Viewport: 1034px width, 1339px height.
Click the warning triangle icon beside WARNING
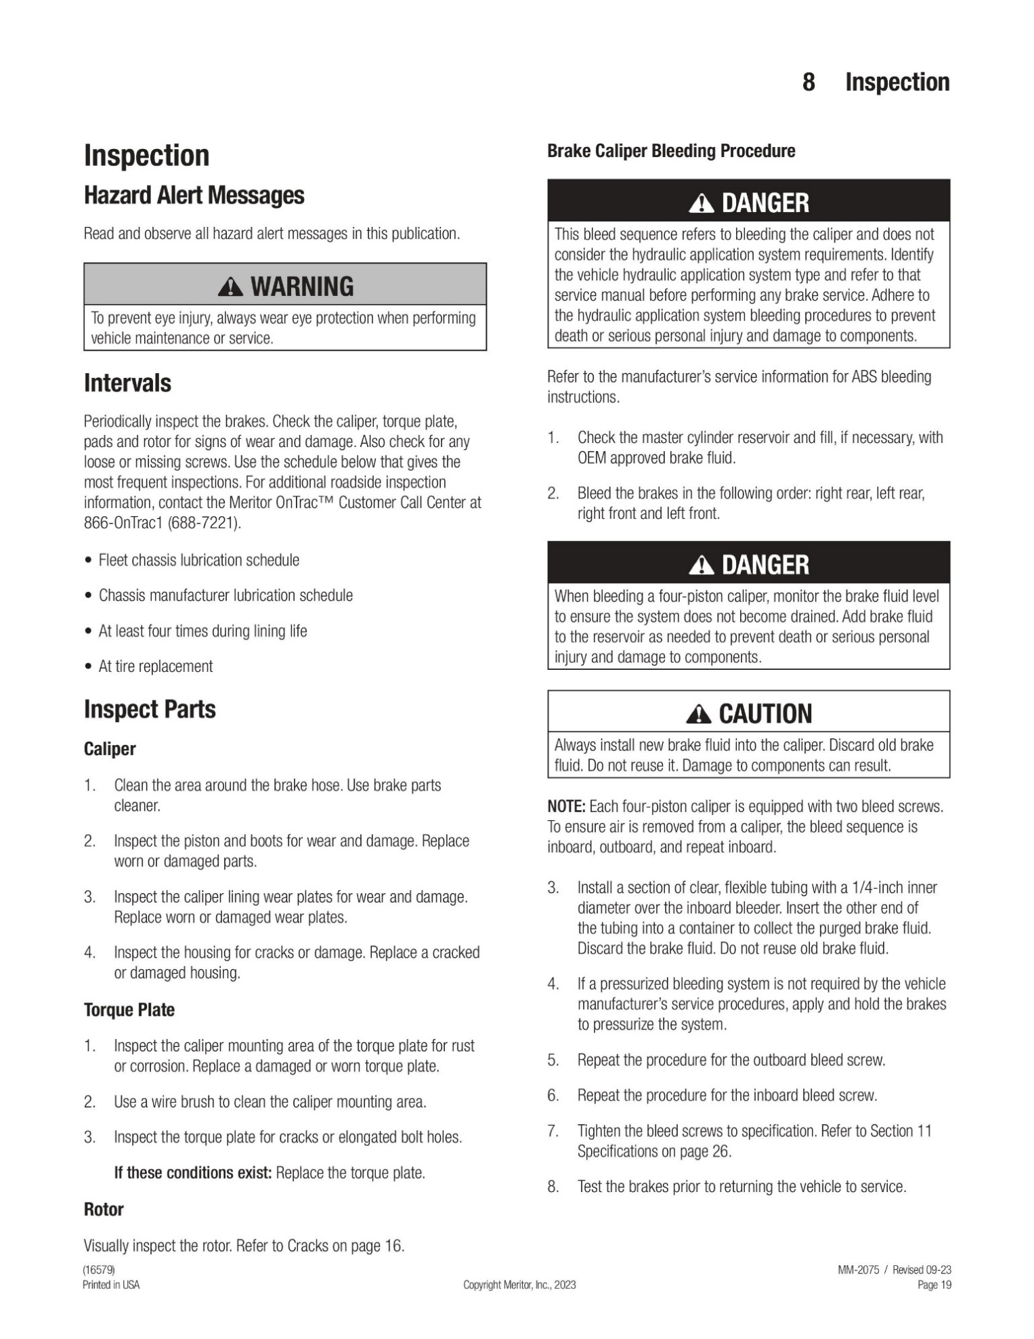[x=231, y=287]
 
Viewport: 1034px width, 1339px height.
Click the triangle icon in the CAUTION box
[x=698, y=714]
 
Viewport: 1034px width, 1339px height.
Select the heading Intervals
[x=127, y=383]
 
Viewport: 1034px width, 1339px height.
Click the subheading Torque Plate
[x=129, y=1010]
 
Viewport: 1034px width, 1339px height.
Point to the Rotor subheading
[x=104, y=1209]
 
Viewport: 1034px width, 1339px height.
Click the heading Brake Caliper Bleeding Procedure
[x=671, y=151]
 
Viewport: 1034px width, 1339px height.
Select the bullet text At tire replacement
[x=156, y=666]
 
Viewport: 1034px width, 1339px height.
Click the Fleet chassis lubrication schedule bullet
[x=198, y=560]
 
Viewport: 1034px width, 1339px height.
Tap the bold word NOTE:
[x=566, y=807]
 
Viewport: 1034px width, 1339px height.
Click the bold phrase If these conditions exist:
[x=193, y=1172]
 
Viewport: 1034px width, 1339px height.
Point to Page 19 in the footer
[x=934, y=1285]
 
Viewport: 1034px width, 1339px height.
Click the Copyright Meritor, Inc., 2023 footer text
[x=519, y=1285]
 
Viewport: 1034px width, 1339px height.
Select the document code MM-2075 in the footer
[x=858, y=1270]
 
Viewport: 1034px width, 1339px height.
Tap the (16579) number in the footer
[x=99, y=1270]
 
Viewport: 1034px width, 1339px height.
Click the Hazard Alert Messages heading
[x=194, y=195]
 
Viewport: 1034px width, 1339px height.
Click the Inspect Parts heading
[x=150, y=709]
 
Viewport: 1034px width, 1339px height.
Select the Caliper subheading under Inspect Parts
[x=110, y=749]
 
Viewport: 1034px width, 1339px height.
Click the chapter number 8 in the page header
[x=809, y=82]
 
